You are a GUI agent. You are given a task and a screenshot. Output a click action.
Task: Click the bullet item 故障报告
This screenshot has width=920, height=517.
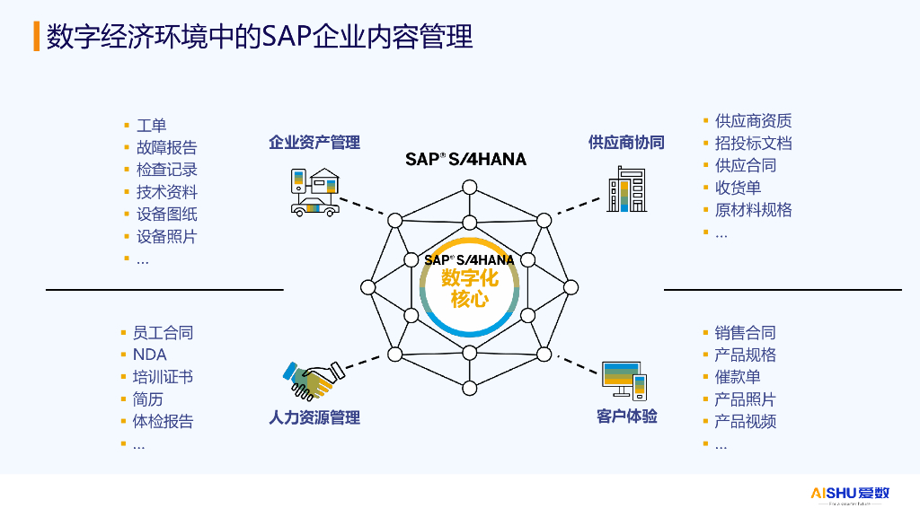tap(166, 147)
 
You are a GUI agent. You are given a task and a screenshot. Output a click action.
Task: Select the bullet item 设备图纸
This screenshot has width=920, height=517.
tap(166, 214)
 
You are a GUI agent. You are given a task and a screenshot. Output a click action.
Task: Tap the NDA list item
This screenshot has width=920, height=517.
tap(150, 355)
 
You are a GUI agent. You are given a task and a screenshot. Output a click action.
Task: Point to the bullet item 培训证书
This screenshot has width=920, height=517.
tap(163, 377)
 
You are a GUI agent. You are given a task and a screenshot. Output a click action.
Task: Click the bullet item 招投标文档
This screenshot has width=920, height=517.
tap(754, 143)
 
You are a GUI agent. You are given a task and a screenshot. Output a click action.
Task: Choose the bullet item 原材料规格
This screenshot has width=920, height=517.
tap(754, 210)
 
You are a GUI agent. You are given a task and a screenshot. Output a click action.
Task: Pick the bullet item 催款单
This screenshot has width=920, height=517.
tap(738, 377)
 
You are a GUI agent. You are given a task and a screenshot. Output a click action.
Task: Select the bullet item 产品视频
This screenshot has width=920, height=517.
tap(745, 422)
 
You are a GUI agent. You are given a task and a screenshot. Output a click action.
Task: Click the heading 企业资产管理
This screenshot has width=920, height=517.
tap(314, 143)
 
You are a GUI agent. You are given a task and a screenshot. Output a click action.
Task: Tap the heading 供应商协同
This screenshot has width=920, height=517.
tap(626, 143)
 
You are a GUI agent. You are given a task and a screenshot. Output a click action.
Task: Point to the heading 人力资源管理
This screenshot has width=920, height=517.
tap(314, 417)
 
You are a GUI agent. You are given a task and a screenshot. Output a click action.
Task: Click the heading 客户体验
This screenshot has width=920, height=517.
tap(626, 416)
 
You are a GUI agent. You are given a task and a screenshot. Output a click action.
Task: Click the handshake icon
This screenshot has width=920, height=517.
tap(314, 381)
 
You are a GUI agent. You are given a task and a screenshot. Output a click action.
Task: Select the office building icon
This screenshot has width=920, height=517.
tap(627, 188)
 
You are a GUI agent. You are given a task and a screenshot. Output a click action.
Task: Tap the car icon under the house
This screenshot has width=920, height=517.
tap(315, 207)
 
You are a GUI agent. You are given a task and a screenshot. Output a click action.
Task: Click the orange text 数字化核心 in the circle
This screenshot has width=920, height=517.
tap(469, 288)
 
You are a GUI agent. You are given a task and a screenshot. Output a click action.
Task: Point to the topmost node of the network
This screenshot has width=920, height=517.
tap(469, 188)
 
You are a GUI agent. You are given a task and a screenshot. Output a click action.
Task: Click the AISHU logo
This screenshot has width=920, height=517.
tap(850, 495)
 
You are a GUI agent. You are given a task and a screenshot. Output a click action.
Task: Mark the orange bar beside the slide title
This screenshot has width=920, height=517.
tap(36, 36)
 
